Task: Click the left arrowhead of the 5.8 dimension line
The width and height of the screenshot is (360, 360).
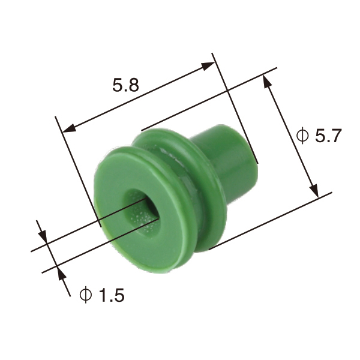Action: (67, 128)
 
